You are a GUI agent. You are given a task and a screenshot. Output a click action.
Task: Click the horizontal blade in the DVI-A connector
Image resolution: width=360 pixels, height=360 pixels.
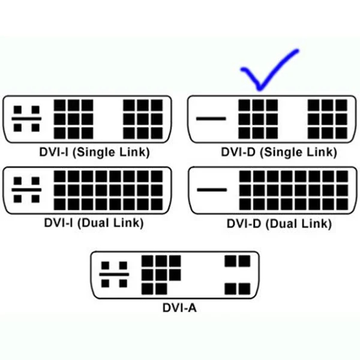(x=115, y=275)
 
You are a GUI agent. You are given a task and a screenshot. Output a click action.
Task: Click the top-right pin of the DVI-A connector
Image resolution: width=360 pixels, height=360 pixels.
(x=243, y=261)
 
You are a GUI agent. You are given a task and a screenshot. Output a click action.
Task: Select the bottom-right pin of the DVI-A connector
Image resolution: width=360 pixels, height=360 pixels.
(x=243, y=289)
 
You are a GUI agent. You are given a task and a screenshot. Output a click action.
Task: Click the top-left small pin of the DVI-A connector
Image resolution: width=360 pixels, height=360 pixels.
(x=106, y=265)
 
